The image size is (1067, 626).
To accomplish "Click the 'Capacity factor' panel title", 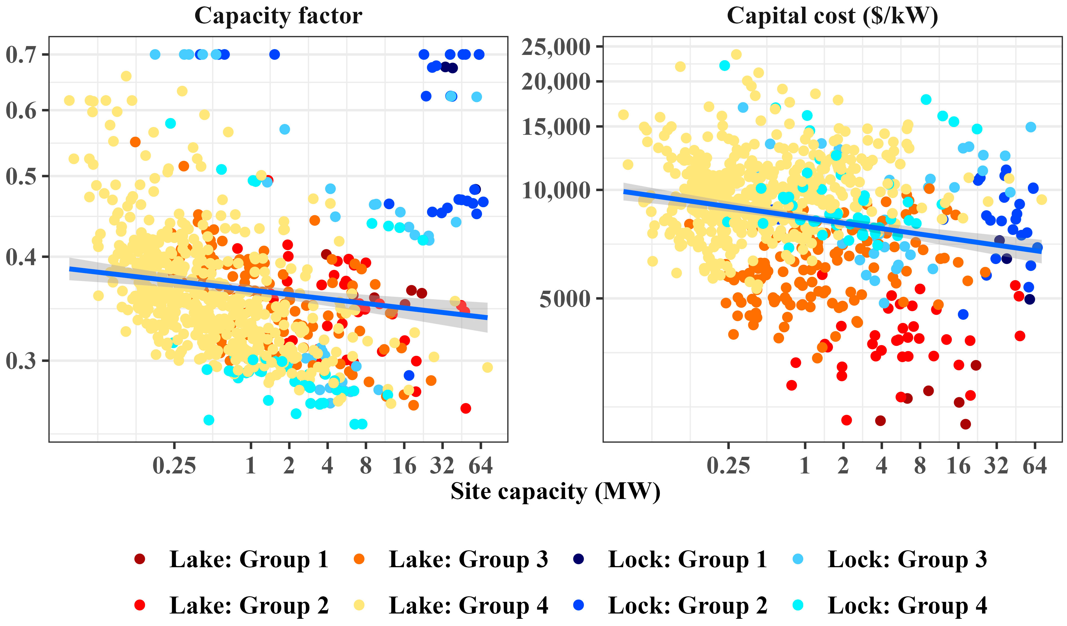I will (278, 16).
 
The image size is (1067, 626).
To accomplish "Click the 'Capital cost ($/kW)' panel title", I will (832, 16).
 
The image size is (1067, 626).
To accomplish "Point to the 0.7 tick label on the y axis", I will (21, 55).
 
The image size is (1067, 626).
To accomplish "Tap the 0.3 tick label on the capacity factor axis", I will (21, 361).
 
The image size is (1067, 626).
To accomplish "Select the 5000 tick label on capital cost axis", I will (565, 299).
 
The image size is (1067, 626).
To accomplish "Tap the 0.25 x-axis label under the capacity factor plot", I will (174, 466).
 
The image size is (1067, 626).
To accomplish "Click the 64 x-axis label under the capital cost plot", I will (1035, 466).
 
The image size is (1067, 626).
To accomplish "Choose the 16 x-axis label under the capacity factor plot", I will (404, 466).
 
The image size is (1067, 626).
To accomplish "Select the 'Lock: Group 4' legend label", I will (907, 605).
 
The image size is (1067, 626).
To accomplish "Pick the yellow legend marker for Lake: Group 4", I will (359, 605).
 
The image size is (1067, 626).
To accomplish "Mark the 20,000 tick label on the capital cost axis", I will (556, 81).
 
